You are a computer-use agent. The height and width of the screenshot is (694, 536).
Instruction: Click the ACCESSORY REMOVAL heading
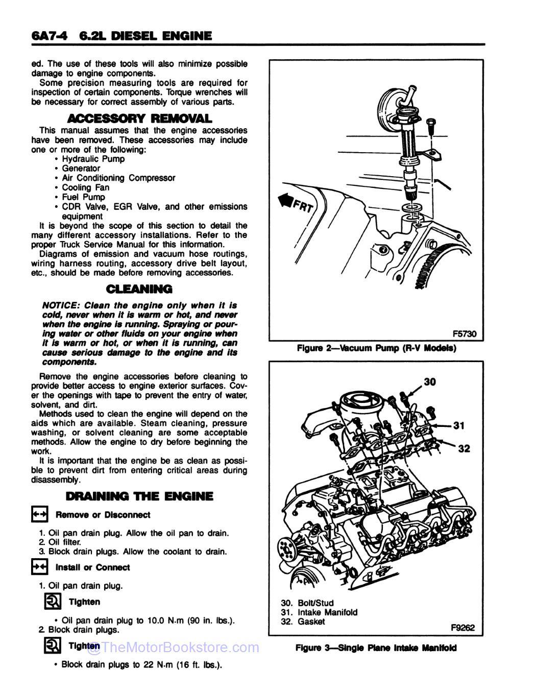click(x=139, y=118)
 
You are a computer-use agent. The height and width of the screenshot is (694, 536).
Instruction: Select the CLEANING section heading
click(x=139, y=289)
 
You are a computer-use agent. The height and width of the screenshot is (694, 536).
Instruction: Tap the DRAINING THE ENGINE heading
click(x=139, y=496)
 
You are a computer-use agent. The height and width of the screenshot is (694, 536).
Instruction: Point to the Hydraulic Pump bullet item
click(x=93, y=159)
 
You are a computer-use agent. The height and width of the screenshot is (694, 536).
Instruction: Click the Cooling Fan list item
click(x=85, y=187)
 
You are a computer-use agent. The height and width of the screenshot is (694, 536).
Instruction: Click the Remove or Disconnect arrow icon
click(x=40, y=514)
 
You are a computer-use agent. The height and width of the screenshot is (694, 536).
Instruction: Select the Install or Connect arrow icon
click(x=40, y=567)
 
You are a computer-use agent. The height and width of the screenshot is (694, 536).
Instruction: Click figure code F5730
click(x=464, y=334)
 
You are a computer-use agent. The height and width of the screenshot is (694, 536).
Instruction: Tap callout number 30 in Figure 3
click(x=430, y=381)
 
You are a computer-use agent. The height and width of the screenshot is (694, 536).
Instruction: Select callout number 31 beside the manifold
click(x=458, y=425)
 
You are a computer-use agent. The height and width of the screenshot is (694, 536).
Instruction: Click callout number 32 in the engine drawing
click(x=464, y=448)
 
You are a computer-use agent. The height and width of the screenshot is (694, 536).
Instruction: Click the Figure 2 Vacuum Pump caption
click(x=376, y=348)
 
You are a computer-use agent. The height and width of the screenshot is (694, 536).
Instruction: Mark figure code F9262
click(x=462, y=628)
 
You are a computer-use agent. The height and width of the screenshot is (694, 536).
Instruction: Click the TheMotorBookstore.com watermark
click(x=174, y=648)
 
